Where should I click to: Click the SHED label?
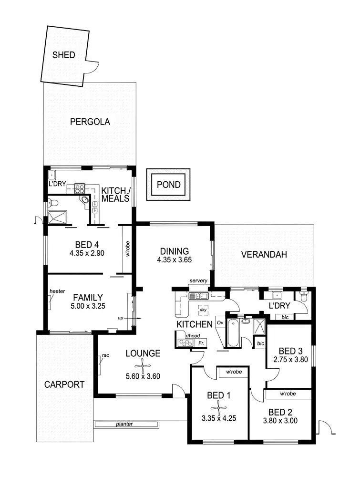[x=63, y=55]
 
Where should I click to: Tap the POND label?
[x=168, y=185]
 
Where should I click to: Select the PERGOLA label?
[x=90, y=122]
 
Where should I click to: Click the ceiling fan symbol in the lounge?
[x=143, y=364]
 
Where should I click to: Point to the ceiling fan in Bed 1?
[x=218, y=406]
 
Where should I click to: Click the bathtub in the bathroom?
[x=233, y=333]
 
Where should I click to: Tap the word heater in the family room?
[x=57, y=291]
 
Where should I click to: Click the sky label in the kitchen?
[x=203, y=310]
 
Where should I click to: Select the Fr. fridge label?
[x=201, y=343]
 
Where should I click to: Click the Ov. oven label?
[x=220, y=323]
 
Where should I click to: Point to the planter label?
[x=124, y=424]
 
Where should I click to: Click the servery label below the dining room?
[x=198, y=281]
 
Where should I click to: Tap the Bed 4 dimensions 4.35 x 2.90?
[x=87, y=253]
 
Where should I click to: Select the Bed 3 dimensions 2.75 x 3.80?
[x=290, y=360]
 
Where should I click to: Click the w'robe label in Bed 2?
[x=288, y=394]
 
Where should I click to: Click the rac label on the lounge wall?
[x=105, y=355]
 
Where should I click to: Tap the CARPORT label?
[x=64, y=384]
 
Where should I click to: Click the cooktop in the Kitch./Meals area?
[x=80, y=188]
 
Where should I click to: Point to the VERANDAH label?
[x=264, y=254]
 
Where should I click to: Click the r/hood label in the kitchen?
[x=193, y=336]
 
